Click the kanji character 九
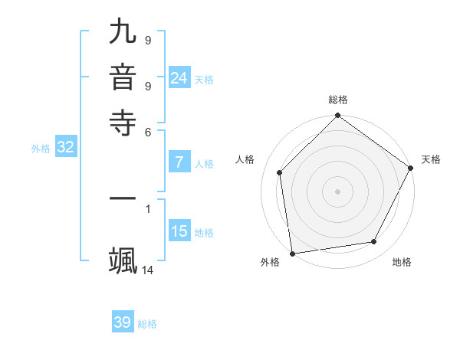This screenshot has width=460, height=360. [123, 32]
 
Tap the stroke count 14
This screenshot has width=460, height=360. [148, 270]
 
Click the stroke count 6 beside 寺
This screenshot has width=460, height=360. [148, 131]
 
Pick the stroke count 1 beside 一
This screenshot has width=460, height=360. [148, 207]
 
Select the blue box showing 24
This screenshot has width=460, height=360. [179, 77]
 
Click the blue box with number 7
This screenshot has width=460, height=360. [179, 162]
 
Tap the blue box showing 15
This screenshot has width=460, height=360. [179, 231]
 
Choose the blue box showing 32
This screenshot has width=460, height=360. [65, 148]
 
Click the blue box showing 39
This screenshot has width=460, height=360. [123, 322]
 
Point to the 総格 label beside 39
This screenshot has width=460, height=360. [147, 324]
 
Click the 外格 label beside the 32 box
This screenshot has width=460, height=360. [41, 149]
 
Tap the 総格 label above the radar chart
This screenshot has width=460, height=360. [337, 100]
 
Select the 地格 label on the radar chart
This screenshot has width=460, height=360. [402, 262]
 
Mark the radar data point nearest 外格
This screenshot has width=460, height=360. [292, 253]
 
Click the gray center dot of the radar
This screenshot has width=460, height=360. [337, 191]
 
